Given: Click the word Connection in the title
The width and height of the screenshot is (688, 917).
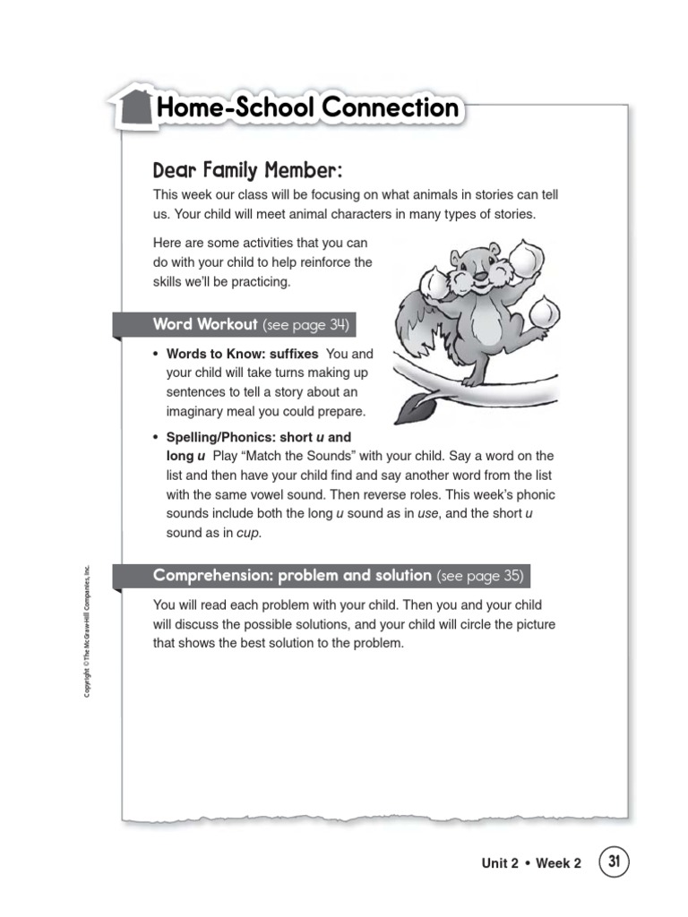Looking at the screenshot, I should click(x=389, y=108).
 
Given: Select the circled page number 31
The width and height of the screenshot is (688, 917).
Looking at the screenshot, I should click(x=614, y=862).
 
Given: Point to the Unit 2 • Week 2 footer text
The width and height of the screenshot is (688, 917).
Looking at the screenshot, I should click(x=530, y=864).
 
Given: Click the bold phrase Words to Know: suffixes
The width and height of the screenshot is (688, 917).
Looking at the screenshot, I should click(x=242, y=354).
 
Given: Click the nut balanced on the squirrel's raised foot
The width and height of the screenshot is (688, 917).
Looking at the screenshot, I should click(x=541, y=313).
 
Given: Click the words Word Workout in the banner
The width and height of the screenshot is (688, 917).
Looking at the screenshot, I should click(x=205, y=324).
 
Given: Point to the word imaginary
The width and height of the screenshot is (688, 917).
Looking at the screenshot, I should click(x=196, y=412).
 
